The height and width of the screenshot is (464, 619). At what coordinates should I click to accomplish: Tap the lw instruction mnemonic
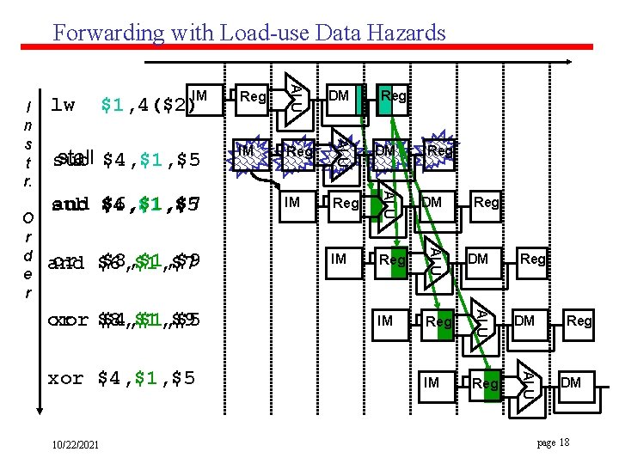(x=63, y=106)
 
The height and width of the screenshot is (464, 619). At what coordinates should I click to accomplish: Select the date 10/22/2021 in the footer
(x=75, y=444)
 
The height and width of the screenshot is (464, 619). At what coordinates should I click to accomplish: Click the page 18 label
(x=553, y=442)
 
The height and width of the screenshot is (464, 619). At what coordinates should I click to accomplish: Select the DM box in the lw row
(x=340, y=96)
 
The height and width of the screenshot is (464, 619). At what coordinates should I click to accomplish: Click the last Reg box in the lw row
(x=393, y=96)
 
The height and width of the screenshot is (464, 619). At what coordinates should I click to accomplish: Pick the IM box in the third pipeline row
(x=293, y=203)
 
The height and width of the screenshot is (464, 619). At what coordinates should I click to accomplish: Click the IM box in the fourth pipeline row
(x=340, y=259)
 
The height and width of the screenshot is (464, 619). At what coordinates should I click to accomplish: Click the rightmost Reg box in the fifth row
(x=579, y=321)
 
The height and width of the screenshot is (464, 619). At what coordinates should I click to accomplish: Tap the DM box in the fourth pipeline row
(x=479, y=259)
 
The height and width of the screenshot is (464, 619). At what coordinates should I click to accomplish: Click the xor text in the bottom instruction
(x=66, y=377)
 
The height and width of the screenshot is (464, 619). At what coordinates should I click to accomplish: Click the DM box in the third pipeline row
(x=432, y=203)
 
